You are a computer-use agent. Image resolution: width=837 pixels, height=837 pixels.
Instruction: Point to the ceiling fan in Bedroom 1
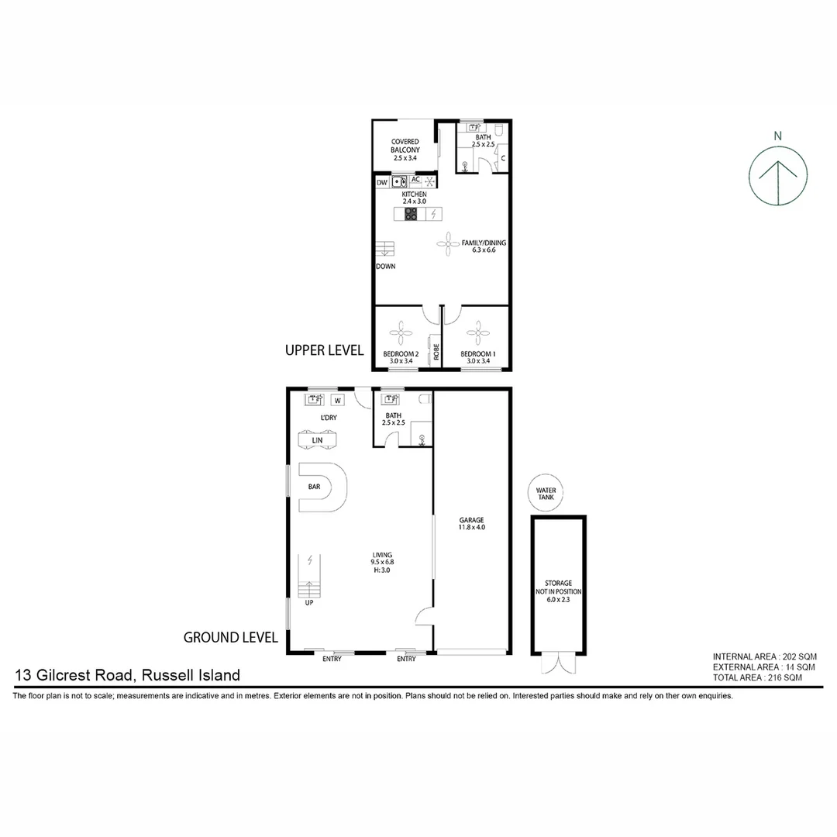[x=475, y=334]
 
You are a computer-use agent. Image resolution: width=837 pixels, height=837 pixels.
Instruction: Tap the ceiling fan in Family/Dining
[x=449, y=244]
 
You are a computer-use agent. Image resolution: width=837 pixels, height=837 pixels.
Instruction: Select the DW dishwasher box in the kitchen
[x=382, y=182]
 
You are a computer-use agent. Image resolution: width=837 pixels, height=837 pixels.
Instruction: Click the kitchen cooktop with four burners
[x=411, y=214]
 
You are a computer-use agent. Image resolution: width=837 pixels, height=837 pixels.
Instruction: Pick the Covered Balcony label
[x=405, y=150]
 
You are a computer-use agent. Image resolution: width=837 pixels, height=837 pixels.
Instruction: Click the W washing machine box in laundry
[x=338, y=400]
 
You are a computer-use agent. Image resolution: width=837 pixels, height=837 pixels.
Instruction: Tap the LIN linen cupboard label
[x=317, y=440]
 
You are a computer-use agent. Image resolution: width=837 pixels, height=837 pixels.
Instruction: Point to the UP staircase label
[x=309, y=603]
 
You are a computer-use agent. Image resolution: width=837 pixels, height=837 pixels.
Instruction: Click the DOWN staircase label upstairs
[x=385, y=266]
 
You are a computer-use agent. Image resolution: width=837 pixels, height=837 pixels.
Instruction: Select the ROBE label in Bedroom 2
[x=436, y=353]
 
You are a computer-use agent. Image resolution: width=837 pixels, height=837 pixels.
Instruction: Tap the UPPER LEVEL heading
[x=324, y=350]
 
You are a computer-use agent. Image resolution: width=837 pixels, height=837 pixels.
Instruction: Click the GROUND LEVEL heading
[x=230, y=638]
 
